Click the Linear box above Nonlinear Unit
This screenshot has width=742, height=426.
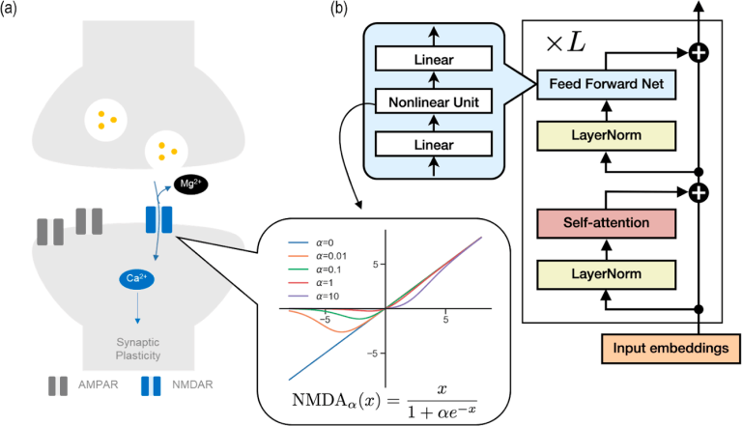434,61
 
